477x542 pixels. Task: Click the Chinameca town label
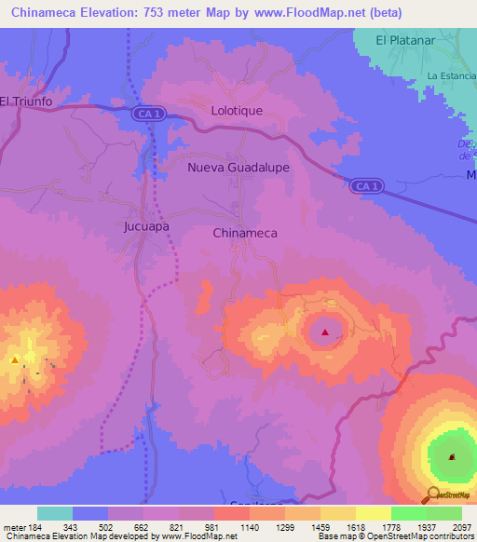coord(245,233)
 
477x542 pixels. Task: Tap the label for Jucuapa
coord(146,225)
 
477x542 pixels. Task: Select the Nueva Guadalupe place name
coord(238,168)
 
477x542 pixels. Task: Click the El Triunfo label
coord(23,102)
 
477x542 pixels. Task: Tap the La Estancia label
coord(450,75)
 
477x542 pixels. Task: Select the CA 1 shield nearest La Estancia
coord(366,186)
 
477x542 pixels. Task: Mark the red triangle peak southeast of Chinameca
coord(325,332)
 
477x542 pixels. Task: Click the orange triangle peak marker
coord(15,359)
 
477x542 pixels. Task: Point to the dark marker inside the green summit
coord(452,456)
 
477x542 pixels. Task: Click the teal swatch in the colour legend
coord(55,513)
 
